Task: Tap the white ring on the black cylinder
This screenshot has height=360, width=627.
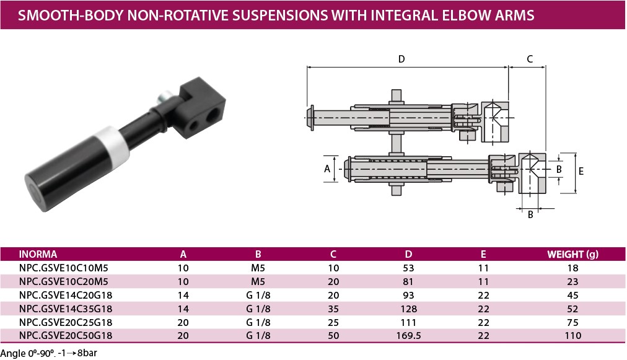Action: (115, 144)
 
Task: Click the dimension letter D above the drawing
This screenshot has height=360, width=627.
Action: (401, 59)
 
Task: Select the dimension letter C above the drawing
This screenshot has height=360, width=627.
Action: (530, 59)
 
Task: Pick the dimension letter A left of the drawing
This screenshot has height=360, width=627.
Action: (327, 169)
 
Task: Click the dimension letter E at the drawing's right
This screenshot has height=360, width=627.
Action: (581, 171)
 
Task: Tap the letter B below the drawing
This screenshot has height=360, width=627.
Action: (530, 215)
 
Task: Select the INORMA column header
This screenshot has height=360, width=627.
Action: (38, 255)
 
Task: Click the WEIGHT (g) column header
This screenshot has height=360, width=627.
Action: (572, 255)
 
